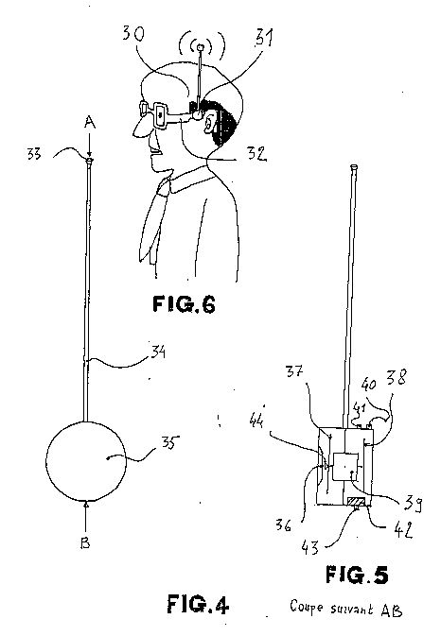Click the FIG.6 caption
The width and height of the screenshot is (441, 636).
tap(184, 304)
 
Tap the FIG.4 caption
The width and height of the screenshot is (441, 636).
tap(198, 604)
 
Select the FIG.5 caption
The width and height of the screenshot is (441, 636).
tap(357, 575)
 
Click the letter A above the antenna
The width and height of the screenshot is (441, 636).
tap(90, 122)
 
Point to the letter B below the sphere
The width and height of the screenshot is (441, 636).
tap(85, 542)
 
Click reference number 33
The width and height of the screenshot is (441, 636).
tap(34, 154)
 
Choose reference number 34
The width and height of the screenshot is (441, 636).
tap(158, 352)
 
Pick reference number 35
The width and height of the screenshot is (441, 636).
tap(168, 442)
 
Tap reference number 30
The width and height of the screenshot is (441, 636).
tap(133, 33)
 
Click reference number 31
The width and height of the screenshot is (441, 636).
tap(264, 38)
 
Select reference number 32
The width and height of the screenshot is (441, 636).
tap(257, 153)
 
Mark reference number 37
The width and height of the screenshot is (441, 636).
tap(294, 371)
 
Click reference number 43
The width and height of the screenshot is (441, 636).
tap(309, 547)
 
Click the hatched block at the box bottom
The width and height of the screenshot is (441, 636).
tap(356, 502)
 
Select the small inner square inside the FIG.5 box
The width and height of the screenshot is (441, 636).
tap(345, 467)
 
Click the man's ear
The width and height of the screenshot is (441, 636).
tap(209, 123)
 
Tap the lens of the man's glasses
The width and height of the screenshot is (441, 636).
tap(160, 115)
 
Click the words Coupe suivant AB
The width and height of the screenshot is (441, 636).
tap(346, 608)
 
